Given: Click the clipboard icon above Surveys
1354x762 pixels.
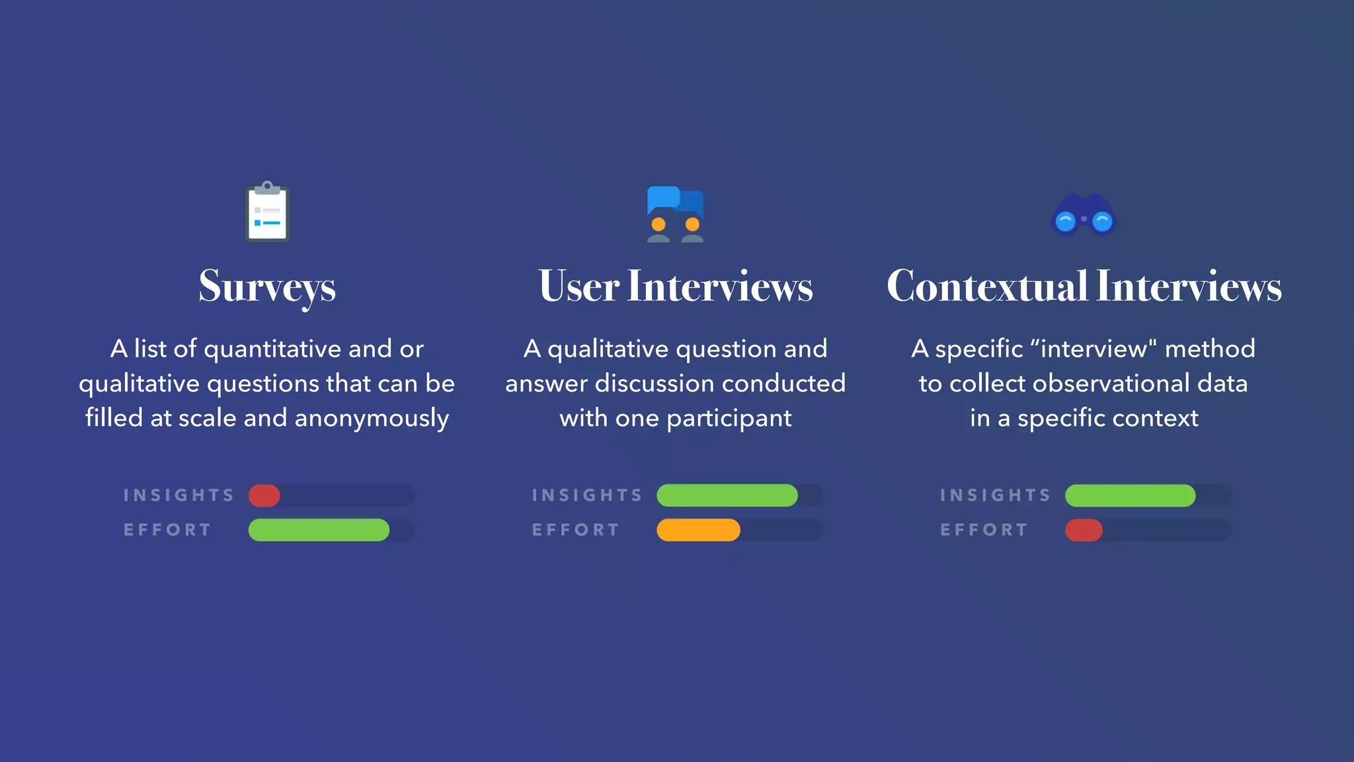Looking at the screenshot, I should click(x=267, y=212).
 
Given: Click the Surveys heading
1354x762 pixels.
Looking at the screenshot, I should click(x=267, y=287).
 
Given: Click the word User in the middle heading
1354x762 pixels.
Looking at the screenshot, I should click(x=578, y=286).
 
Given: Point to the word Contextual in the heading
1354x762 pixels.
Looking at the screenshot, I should click(x=986, y=286).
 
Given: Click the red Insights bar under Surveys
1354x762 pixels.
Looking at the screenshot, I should click(x=264, y=495).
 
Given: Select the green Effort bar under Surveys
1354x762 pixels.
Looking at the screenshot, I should click(x=319, y=530).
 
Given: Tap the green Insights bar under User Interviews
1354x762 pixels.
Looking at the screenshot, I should click(x=727, y=495).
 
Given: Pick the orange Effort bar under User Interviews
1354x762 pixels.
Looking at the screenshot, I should click(x=698, y=530).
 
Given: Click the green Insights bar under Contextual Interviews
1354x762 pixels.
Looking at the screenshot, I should click(x=1130, y=495).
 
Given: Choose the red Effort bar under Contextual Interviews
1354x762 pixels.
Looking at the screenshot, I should click(x=1084, y=530).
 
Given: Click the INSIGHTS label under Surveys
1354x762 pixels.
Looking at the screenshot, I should click(x=179, y=495).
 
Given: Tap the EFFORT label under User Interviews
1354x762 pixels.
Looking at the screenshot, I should click(x=575, y=530).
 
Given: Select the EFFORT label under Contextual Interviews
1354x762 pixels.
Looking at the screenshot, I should click(x=984, y=530).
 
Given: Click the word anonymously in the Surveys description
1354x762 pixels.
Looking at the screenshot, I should click(x=372, y=419).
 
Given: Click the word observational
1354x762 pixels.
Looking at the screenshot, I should click(x=1092, y=384).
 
